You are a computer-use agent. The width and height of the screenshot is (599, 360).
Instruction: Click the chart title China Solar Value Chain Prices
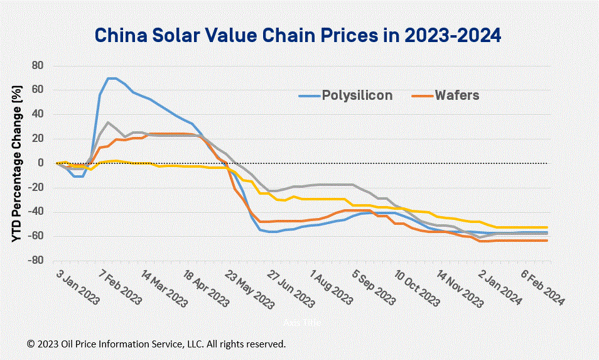[298, 35]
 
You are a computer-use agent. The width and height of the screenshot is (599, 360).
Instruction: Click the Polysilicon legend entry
[357, 95]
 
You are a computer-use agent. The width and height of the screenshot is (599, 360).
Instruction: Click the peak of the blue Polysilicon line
[112, 79]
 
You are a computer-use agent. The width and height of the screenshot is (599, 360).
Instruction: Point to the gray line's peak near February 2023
[108, 123]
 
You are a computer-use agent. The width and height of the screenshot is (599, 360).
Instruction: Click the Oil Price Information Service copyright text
[156, 344]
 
